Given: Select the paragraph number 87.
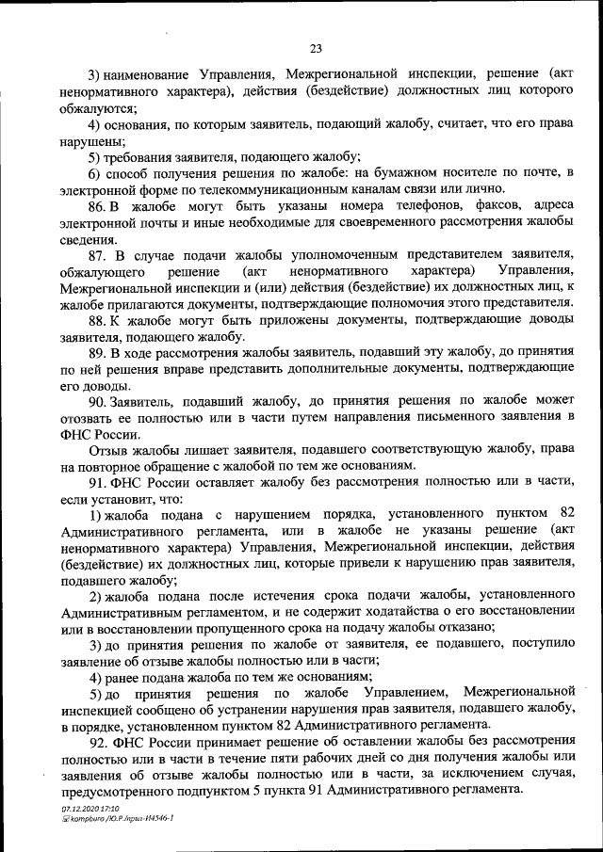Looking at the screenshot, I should click(98, 256).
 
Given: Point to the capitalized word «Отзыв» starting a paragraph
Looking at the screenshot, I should click(107, 451).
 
